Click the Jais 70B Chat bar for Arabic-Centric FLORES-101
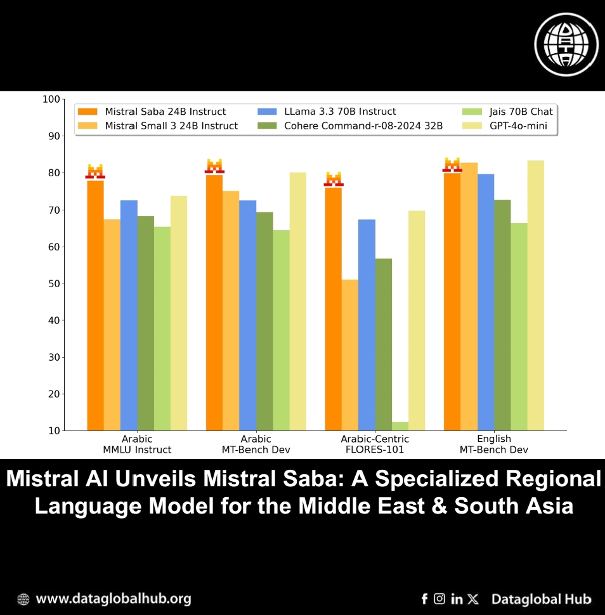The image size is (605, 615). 400,426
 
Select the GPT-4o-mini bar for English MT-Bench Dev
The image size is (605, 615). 536,295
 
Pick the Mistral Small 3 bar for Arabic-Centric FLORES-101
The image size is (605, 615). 350,355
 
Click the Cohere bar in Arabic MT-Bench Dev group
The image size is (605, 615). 264,321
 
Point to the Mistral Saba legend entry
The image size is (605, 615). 152,112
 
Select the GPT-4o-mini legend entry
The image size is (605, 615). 518,126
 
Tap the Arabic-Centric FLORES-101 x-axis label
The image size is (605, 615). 375,444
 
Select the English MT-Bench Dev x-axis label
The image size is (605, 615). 493,444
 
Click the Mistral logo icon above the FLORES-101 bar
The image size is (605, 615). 334,179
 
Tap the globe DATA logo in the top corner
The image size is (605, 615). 566,44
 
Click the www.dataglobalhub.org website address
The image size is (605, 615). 113,599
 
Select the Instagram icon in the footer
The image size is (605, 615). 439,599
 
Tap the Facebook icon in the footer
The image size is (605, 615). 424,599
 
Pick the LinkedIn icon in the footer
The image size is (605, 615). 457,599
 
